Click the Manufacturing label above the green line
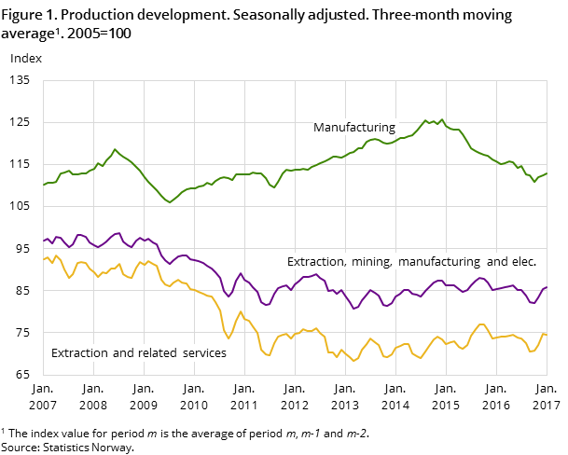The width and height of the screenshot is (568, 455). coord(353,128)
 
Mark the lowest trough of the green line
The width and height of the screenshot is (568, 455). coord(169,202)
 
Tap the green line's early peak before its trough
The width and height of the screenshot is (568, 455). coord(115,149)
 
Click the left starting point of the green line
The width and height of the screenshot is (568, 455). coord(44,185)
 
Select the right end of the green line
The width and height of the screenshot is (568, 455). coord(547,173)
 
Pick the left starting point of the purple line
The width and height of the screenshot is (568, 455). coord(44,241)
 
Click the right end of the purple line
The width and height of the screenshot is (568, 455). coord(547,287)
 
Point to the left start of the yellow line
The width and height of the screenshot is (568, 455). coord(44,258)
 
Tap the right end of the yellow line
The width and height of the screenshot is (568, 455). coord(547,335)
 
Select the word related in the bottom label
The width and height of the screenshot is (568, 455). coord(154,353)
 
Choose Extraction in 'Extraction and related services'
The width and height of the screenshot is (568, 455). coord(78,353)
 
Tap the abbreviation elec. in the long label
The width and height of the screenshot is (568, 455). coord(522,262)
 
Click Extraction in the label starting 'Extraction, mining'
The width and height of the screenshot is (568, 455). coord(316,262)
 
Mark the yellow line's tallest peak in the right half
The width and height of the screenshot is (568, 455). coord(481,324)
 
